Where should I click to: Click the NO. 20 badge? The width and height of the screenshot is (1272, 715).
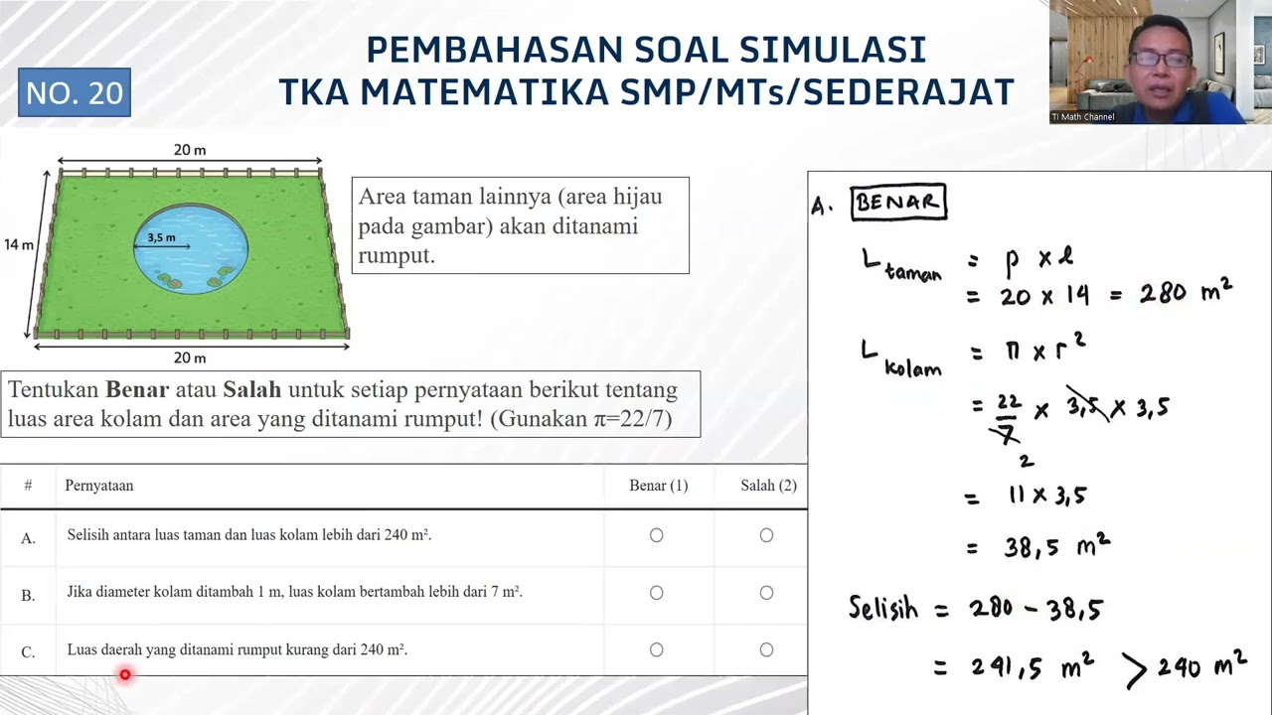point(75,92)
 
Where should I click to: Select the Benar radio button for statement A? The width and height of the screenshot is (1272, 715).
point(656,535)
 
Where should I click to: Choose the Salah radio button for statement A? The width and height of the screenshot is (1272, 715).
point(766,535)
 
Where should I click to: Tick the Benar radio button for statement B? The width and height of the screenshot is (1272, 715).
point(656,593)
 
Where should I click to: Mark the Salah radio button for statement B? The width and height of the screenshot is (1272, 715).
point(766,593)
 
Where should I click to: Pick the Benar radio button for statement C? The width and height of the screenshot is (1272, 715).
point(656,649)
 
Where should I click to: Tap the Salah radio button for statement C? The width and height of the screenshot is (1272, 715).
point(766,649)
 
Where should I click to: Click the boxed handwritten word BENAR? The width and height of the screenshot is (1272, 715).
point(898,203)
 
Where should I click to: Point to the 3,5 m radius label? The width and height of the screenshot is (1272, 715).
point(161,238)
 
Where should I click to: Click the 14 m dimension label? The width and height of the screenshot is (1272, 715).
point(19,244)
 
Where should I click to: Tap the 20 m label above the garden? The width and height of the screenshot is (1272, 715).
point(190,150)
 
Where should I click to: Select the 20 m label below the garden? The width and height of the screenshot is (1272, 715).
point(190,357)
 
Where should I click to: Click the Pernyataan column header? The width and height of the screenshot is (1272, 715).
point(99,486)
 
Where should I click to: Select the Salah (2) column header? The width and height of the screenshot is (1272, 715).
point(768,486)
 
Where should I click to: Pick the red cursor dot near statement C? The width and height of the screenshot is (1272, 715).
point(125,675)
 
